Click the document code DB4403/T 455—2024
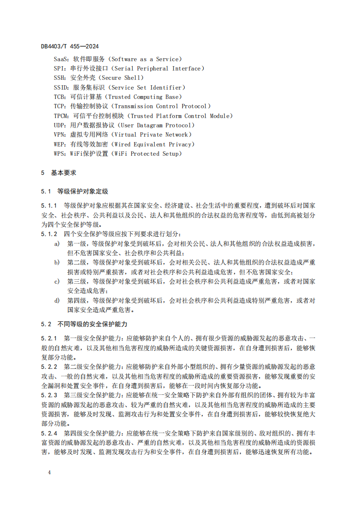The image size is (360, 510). click(70, 46)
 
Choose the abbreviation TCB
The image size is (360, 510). click(59, 97)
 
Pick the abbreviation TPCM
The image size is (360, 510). click(61, 116)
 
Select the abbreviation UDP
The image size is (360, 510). click(59, 125)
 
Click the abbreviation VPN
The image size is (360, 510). click(59, 135)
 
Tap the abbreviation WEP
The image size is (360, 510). click(59, 145)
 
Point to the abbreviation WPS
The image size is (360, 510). click(59, 154)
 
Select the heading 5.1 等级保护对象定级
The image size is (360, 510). click(74, 191)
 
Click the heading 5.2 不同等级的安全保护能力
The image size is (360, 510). click(84, 324)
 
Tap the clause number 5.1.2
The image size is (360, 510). click(49, 234)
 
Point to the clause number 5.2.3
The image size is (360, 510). click(49, 395)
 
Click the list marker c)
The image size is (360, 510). click(57, 282)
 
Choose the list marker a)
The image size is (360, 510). click(57, 243)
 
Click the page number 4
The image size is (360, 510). click(49, 473)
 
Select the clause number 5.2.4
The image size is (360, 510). click(49, 433)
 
